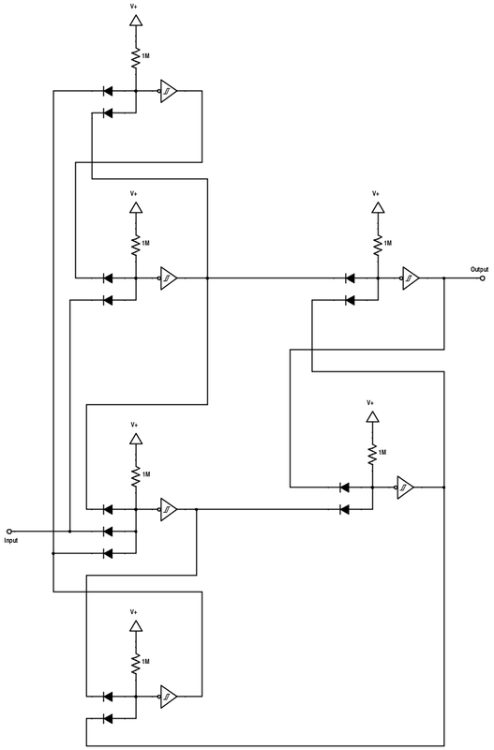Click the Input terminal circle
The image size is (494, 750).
[8, 531]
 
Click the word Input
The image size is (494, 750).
[11, 541]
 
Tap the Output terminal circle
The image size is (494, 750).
[483, 277]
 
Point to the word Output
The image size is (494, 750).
[480, 269]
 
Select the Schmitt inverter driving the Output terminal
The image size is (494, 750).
[411, 277]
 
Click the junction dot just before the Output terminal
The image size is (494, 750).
[444, 277]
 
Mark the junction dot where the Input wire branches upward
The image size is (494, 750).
[69, 531]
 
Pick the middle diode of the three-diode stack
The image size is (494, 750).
[108, 531]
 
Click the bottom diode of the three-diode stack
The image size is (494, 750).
[108, 553]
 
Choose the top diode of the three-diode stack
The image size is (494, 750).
[108, 509]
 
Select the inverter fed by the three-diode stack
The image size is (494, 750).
[169, 509]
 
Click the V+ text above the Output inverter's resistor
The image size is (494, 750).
[376, 194]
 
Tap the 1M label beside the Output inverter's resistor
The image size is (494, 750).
[388, 243]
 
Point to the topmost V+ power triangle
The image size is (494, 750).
[136, 21]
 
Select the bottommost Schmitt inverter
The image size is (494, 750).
[169, 697]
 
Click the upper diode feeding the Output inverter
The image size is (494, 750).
[350, 277]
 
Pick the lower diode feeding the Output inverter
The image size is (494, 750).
[350, 300]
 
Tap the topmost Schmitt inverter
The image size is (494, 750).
[169, 91]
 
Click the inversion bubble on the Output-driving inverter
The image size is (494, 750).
[402, 277]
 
